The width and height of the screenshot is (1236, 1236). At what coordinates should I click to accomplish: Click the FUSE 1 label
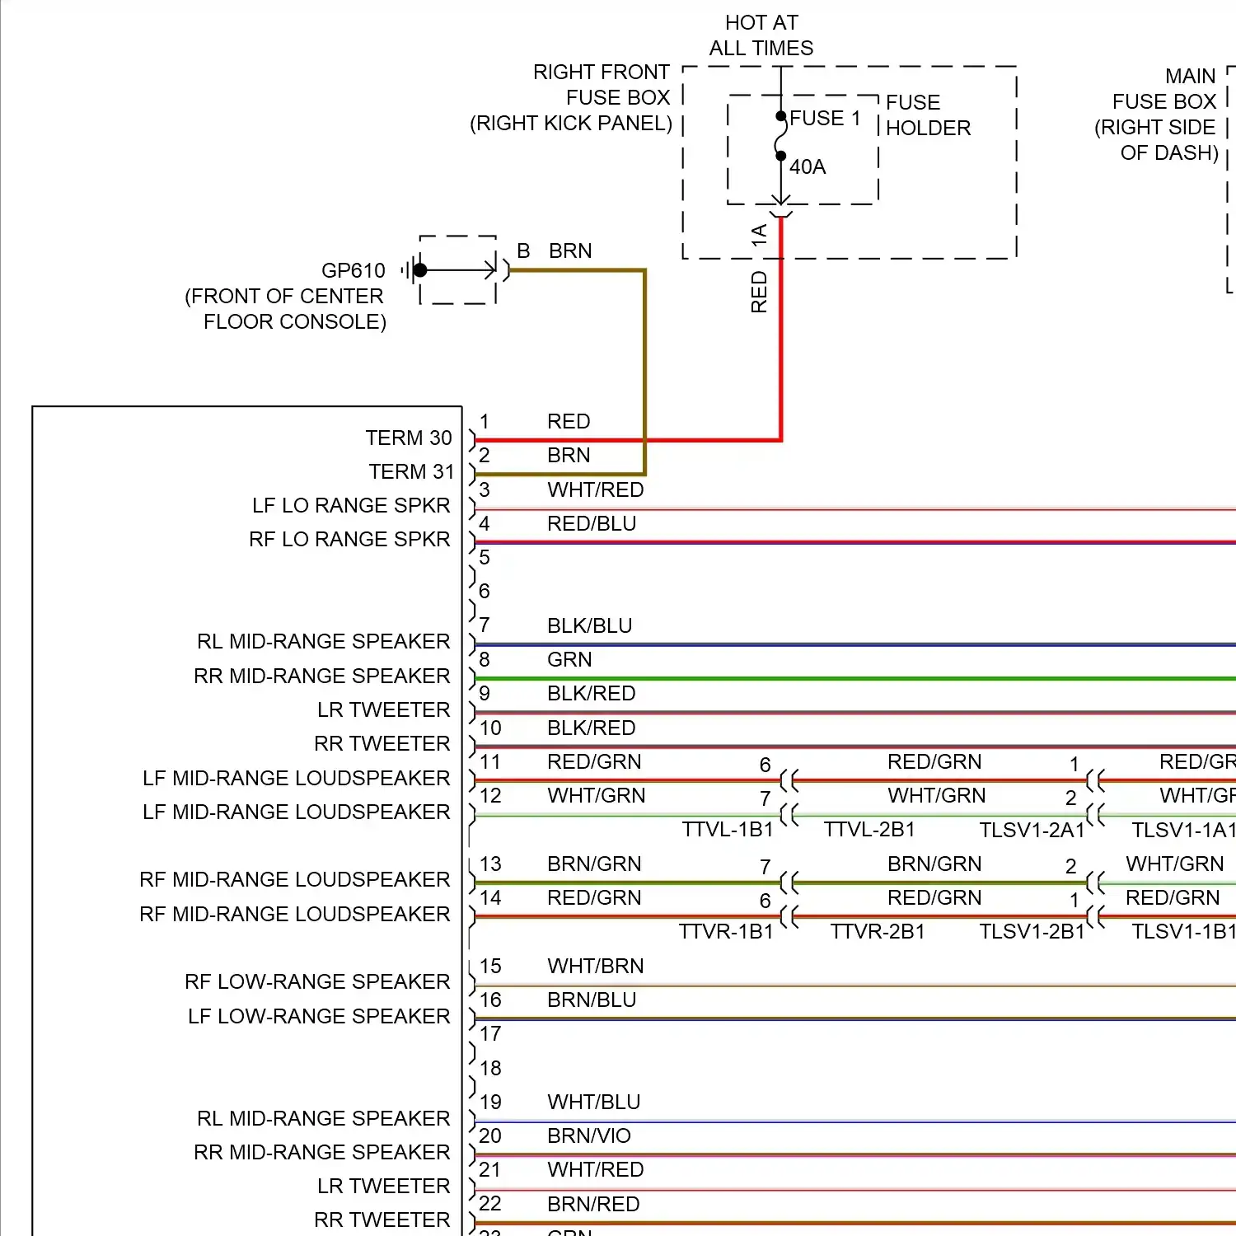point(825,119)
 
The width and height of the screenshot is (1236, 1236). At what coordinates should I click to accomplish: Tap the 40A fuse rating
point(808,167)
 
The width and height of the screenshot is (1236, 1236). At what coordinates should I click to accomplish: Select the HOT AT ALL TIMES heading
point(761,35)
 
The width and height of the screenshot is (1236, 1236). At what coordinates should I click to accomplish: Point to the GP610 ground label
point(353,270)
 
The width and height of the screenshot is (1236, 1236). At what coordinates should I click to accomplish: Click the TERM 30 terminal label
point(409,438)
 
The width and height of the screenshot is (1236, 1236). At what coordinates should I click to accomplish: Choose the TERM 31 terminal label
point(411,471)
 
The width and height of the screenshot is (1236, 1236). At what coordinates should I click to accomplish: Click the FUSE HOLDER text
point(928,115)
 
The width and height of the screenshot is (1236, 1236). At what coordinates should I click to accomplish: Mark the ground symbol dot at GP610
point(420,269)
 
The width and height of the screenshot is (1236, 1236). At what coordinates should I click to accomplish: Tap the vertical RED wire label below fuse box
point(759,293)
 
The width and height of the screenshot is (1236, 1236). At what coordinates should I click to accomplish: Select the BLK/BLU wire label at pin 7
point(589,625)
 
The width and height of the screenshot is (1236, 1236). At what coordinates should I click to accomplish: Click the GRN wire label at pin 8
point(569,659)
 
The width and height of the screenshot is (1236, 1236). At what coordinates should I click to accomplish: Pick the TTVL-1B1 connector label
point(728,829)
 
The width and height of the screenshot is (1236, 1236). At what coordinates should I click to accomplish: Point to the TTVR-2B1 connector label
point(877,931)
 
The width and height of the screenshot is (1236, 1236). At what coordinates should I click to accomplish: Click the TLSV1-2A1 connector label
point(1032,830)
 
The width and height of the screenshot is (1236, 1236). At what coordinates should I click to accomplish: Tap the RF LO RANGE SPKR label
point(349,539)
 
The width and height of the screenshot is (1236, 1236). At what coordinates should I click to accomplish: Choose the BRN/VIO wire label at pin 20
point(588,1135)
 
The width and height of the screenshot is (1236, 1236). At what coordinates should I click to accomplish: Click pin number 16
point(490,1000)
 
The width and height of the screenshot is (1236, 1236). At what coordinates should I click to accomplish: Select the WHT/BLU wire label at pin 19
point(593,1102)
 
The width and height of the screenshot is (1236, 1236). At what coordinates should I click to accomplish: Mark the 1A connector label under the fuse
point(759,235)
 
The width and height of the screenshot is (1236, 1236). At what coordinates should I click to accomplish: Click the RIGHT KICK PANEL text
point(571,124)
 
